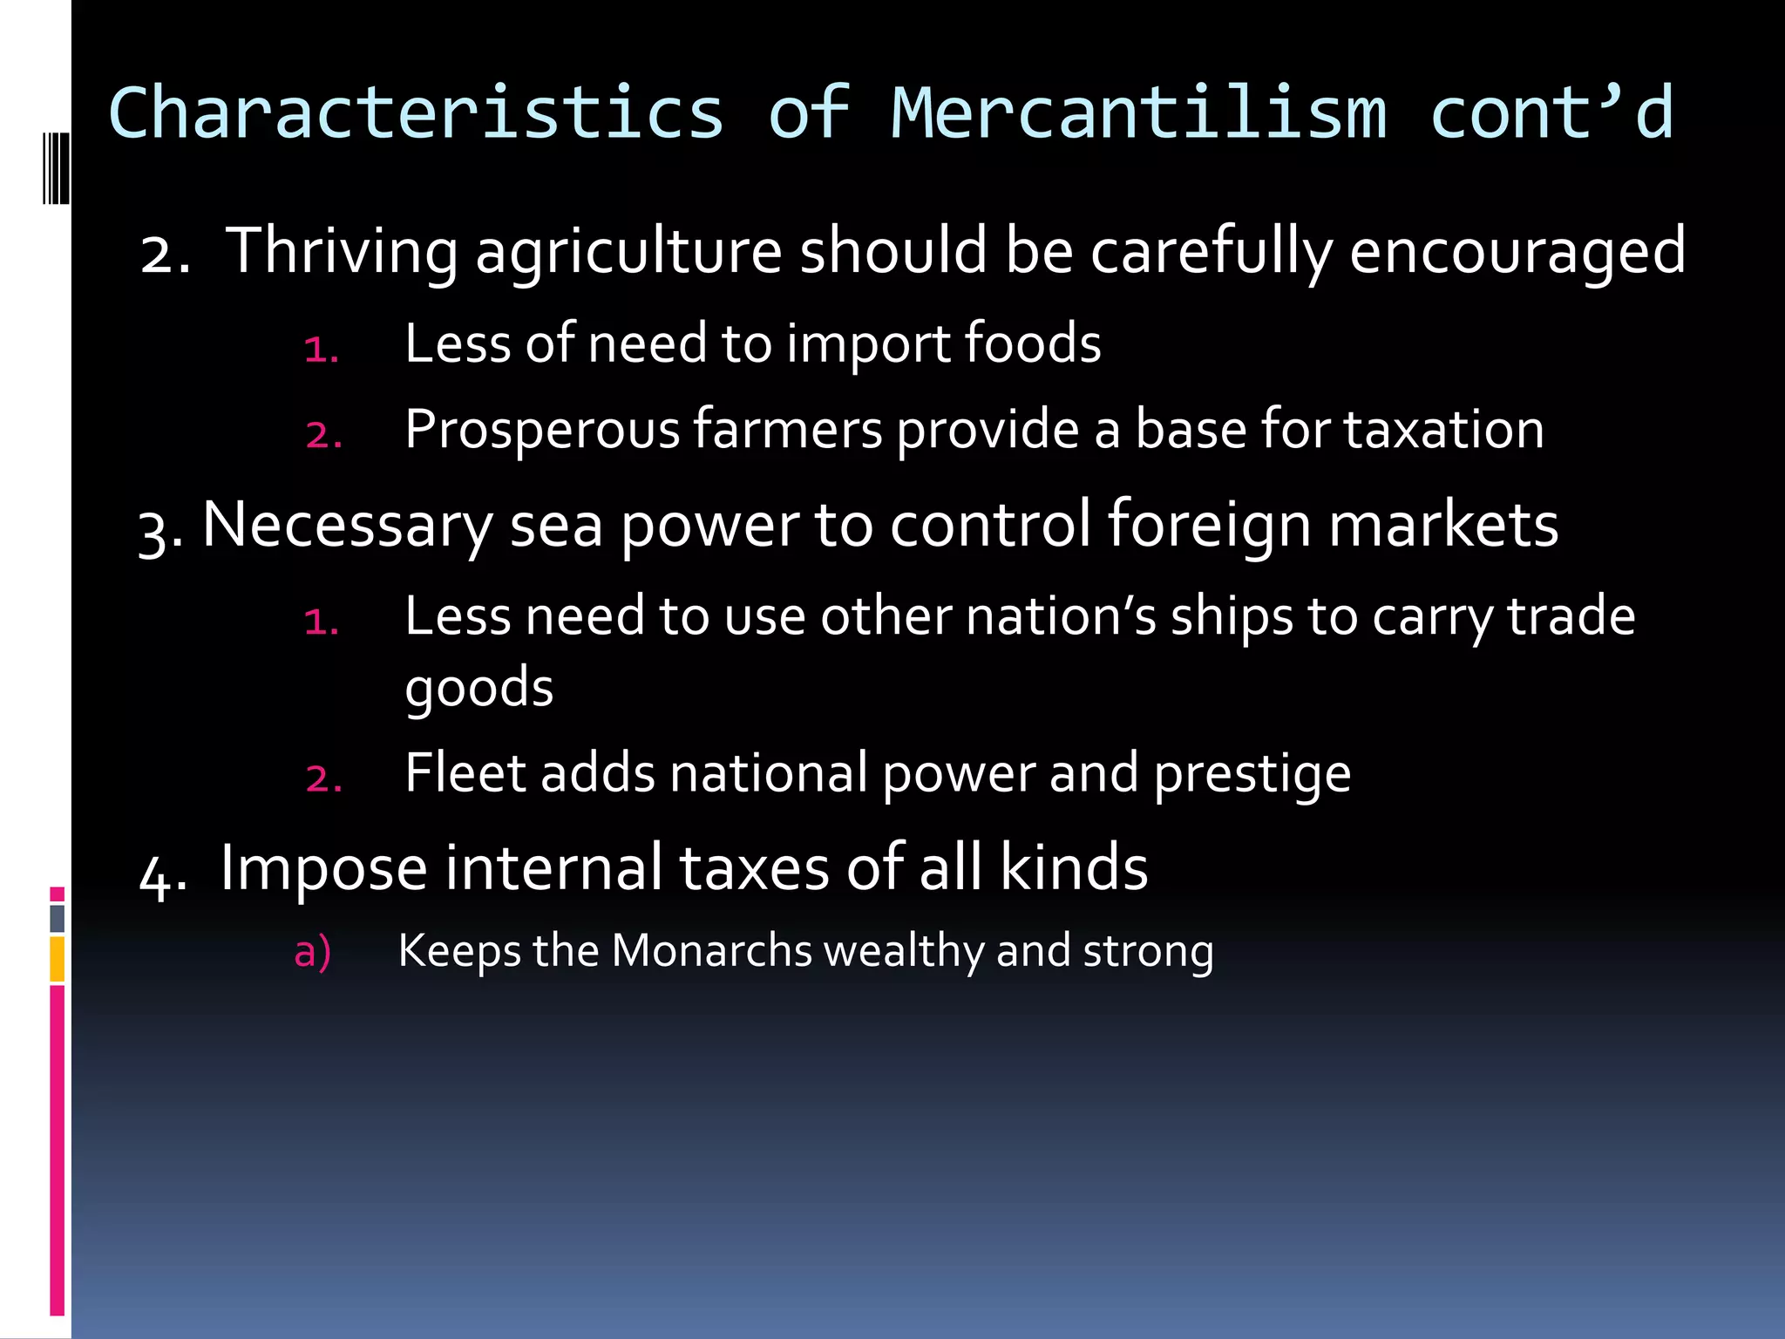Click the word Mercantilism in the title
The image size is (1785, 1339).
click(1138, 113)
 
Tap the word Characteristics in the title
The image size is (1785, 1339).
click(417, 113)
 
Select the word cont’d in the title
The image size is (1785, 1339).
click(1551, 113)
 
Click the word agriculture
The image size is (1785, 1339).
click(628, 252)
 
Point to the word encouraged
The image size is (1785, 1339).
click(1517, 252)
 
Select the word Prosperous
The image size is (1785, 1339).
click(542, 430)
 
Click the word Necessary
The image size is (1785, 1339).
click(347, 527)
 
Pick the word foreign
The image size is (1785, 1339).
click(1209, 527)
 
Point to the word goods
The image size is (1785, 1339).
click(479, 689)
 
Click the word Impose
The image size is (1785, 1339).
click(323, 869)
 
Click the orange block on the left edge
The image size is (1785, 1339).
click(58, 959)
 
